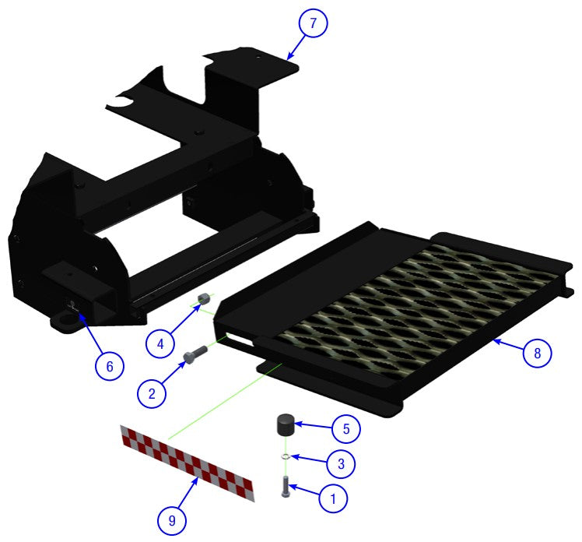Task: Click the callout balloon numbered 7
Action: [313, 23]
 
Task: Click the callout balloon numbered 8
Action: [537, 352]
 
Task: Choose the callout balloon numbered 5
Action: [345, 428]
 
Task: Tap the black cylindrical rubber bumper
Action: [285, 428]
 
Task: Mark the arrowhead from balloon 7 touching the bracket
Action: [288, 57]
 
